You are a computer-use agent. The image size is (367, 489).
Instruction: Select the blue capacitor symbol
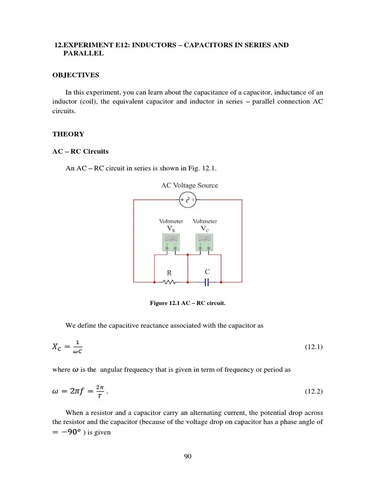pyautogui.click(x=207, y=282)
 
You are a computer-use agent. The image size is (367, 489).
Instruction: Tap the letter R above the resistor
pyautogui.click(x=168, y=273)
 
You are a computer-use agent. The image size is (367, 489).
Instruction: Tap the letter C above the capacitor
pyautogui.click(x=207, y=272)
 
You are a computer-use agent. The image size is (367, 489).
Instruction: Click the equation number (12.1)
pyautogui.click(x=314, y=347)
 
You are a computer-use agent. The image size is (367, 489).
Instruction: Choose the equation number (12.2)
pyautogui.click(x=314, y=392)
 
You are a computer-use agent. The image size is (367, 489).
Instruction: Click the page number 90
pyautogui.click(x=187, y=457)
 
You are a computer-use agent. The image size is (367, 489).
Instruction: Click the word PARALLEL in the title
pyautogui.click(x=83, y=53)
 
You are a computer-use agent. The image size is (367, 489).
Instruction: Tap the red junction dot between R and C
pyautogui.click(x=188, y=282)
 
